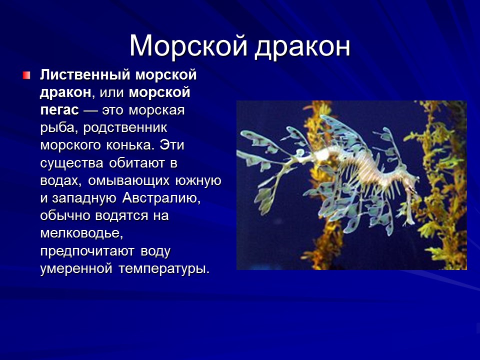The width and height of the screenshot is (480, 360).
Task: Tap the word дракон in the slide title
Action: click(x=302, y=46)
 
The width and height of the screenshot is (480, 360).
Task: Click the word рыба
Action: click(x=56, y=128)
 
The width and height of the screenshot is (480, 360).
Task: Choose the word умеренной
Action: click(x=75, y=268)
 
